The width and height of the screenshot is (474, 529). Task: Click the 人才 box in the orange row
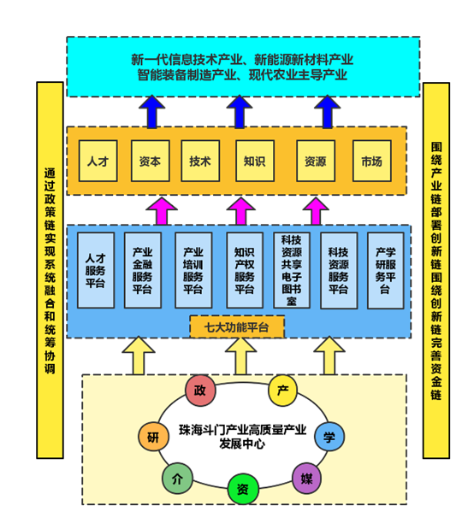(x=98, y=161)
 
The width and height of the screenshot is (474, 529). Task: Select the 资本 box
(x=149, y=161)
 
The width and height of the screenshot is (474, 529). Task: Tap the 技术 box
(x=200, y=161)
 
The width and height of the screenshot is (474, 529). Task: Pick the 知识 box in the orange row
(x=254, y=161)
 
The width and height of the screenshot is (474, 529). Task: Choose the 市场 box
(x=371, y=161)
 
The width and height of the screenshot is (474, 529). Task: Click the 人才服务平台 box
(x=95, y=270)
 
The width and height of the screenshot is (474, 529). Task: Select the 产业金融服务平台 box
(x=142, y=270)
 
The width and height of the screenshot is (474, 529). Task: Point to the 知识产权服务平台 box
(x=245, y=270)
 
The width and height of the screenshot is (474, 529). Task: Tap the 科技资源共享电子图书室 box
(x=292, y=270)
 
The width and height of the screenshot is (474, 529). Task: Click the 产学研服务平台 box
(x=384, y=270)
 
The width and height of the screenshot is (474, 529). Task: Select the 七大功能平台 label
(x=236, y=326)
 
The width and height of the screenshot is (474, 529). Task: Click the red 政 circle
(x=200, y=391)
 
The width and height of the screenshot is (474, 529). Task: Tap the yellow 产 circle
(x=282, y=391)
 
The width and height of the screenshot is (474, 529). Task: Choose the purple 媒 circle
(x=305, y=478)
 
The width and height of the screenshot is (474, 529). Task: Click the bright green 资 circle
(x=243, y=490)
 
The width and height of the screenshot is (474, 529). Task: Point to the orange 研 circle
(x=153, y=437)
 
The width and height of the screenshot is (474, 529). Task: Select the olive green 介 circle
(x=176, y=478)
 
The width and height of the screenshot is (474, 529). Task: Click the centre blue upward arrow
(x=240, y=111)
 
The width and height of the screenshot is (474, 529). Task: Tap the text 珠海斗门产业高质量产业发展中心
(x=242, y=436)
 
